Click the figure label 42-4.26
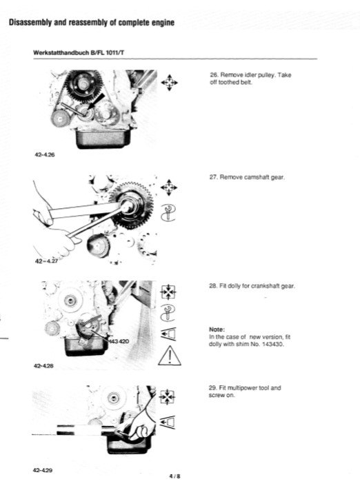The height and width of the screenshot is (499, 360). pos(43,155)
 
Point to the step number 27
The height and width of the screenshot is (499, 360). pos(212,178)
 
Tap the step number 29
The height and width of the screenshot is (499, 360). pos(212,389)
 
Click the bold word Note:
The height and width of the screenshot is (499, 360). pos(218,329)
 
